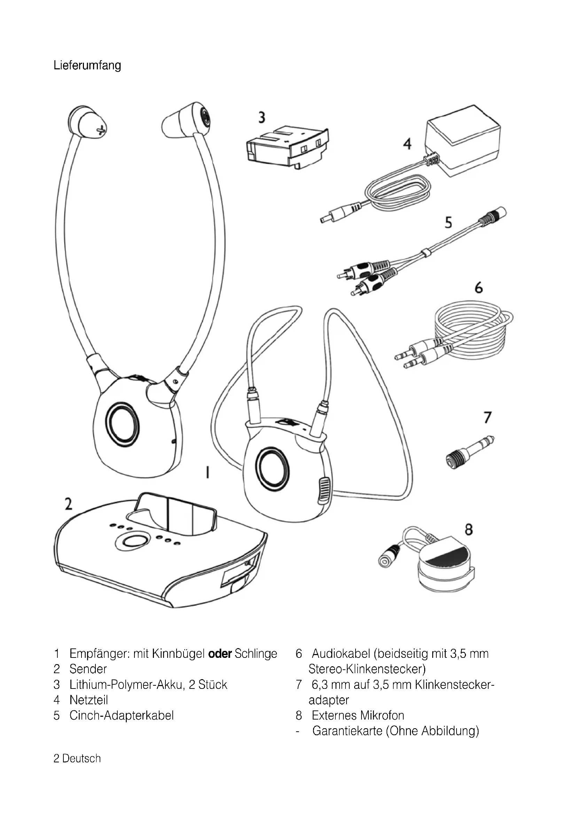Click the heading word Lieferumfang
(x=87, y=66)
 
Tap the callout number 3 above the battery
(x=262, y=117)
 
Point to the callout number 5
(x=449, y=223)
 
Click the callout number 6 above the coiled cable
(x=479, y=287)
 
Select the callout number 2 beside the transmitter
(x=68, y=504)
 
